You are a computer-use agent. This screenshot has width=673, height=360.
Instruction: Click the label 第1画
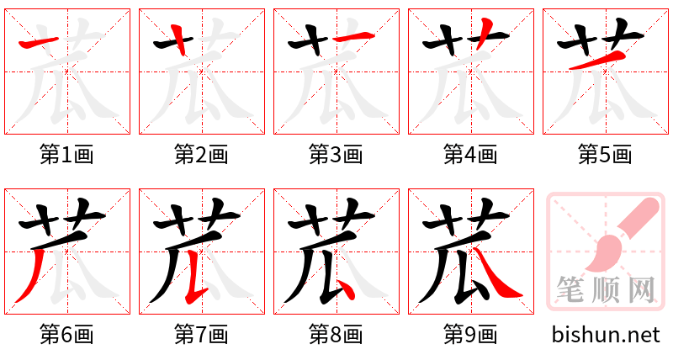coord(66,155)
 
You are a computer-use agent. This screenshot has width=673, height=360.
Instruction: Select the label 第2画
coord(201,155)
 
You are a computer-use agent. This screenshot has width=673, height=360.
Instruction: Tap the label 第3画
coord(336,155)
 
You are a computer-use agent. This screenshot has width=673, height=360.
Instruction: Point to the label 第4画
coord(470,155)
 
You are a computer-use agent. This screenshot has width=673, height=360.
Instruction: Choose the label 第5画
coord(605,155)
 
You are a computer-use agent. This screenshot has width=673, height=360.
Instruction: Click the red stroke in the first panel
coord(38,42)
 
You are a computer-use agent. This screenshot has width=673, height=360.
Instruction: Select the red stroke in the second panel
coord(178,38)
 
